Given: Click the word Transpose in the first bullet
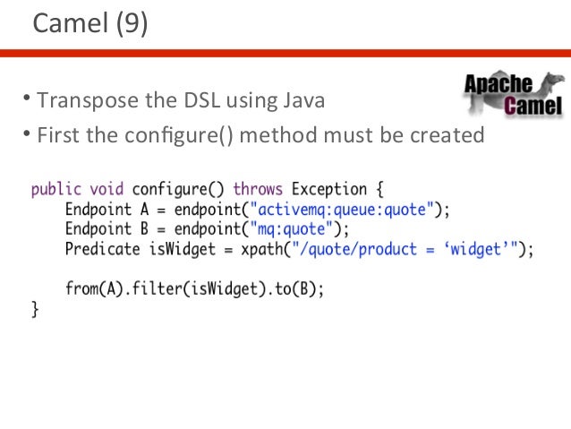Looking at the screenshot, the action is click(x=83, y=99).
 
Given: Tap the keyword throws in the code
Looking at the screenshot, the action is click(x=258, y=190).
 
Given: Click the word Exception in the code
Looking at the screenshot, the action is click(x=328, y=190).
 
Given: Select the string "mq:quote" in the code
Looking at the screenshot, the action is click(x=295, y=229).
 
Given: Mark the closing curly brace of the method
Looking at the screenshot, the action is click(x=35, y=310).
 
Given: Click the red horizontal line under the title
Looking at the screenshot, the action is click(x=285, y=53).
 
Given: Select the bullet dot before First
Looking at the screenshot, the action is click(x=27, y=135).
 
